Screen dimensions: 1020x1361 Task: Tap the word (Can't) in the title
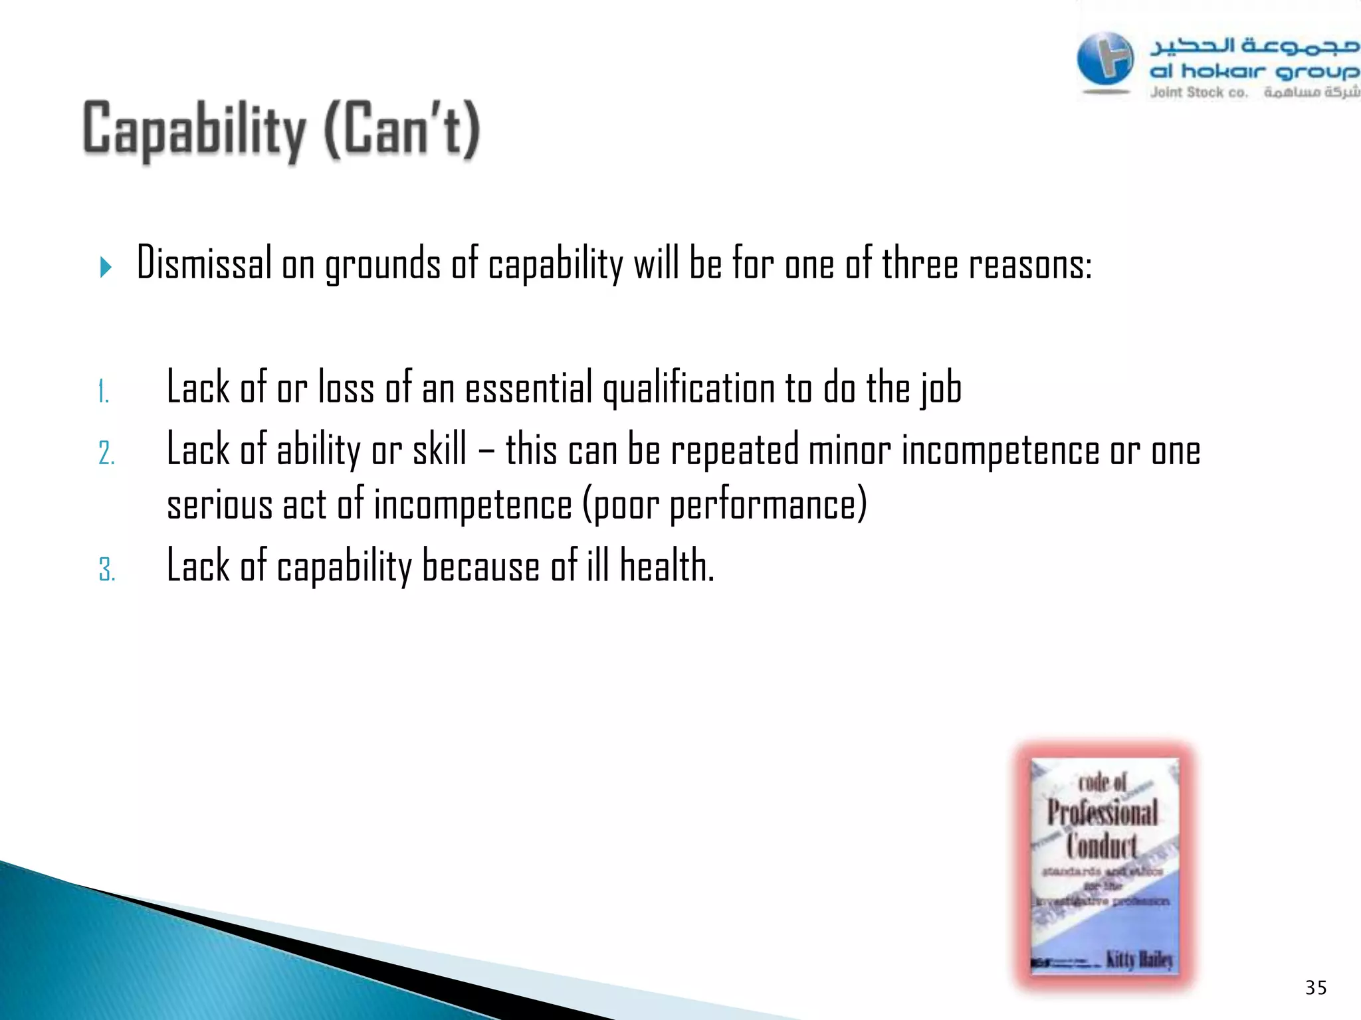tap(402, 130)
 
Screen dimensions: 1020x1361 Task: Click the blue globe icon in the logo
tap(1104, 60)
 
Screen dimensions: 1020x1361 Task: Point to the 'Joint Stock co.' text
tap(1199, 93)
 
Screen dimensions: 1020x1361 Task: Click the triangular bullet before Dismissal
tap(106, 268)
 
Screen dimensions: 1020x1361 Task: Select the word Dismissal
tap(204, 264)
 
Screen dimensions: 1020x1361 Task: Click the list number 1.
tap(103, 392)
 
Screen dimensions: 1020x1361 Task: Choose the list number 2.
tap(106, 454)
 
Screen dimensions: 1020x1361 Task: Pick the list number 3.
tap(106, 570)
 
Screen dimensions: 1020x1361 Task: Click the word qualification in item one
tap(688, 388)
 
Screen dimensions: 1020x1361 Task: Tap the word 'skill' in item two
tap(439, 450)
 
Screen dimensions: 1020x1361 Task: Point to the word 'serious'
tap(219, 505)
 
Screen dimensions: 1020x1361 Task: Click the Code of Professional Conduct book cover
tap(1104, 865)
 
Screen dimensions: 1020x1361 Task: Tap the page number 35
tap(1316, 987)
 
